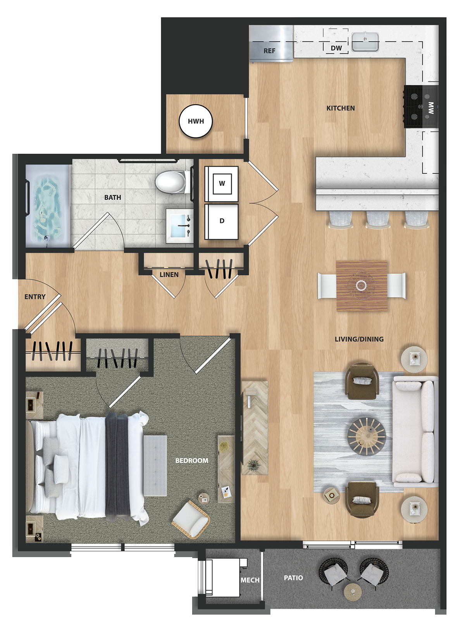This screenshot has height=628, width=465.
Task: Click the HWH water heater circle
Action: click(x=196, y=121)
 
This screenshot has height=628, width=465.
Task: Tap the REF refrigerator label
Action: click(x=269, y=51)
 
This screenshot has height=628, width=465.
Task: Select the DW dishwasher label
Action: click(x=336, y=48)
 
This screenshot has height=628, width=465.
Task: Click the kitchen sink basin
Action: click(x=365, y=41)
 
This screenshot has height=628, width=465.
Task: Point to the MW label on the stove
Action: click(x=431, y=108)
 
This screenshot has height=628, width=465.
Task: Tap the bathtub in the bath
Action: click(x=48, y=206)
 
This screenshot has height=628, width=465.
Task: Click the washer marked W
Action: click(x=221, y=183)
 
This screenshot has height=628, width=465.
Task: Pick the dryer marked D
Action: click(x=221, y=221)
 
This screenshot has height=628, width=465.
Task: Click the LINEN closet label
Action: click(x=169, y=274)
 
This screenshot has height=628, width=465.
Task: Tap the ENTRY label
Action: click(x=35, y=297)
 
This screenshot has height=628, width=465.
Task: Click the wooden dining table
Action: click(x=362, y=285)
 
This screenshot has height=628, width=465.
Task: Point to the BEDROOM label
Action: click(x=191, y=461)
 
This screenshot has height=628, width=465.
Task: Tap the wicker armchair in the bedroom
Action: click(x=191, y=519)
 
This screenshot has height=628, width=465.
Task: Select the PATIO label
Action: click(x=293, y=578)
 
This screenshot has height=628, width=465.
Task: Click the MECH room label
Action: click(x=250, y=580)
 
